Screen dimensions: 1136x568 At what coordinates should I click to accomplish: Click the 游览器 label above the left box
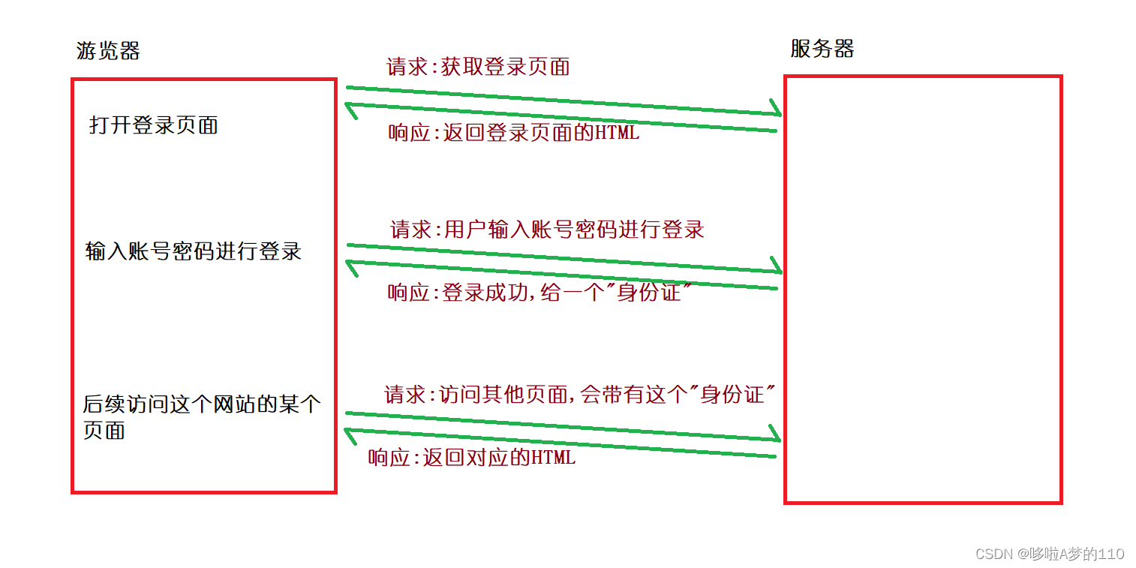pyautogui.click(x=108, y=51)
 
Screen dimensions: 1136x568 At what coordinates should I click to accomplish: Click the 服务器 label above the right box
pyautogui.click(x=822, y=49)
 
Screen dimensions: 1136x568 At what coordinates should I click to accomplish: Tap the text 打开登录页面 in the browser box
pyautogui.click(x=154, y=125)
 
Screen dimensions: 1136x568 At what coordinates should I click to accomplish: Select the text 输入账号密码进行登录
pyautogui.click(x=194, y=251)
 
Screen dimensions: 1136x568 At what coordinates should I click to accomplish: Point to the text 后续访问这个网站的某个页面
pyautogui.click(x=201, y=417)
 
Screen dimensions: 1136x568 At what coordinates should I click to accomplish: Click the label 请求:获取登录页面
pyautogui.click(x=478, y=67)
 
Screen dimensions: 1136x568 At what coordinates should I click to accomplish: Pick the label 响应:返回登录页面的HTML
pyautogui.click(x=514, y=134)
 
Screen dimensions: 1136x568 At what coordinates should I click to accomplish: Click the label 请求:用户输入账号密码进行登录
pyautogui.click(x=547, y=229)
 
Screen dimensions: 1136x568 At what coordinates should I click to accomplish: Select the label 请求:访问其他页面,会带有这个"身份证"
pyautogui.click(x=579, y=394)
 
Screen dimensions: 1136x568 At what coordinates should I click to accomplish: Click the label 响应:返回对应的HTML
pyautogui.click(x=472, y=457)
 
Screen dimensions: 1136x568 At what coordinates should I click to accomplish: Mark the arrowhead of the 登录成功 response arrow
pyautogui.click(x=349, y=263)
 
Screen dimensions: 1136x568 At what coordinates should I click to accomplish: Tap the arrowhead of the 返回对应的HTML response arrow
pyautogui.click(x=349, y=431)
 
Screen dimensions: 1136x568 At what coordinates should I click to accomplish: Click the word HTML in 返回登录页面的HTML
pyautogui.click(x=618, y=134)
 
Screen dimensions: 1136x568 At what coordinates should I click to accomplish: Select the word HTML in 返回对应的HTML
pyautogui.click(x=554, y=457)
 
